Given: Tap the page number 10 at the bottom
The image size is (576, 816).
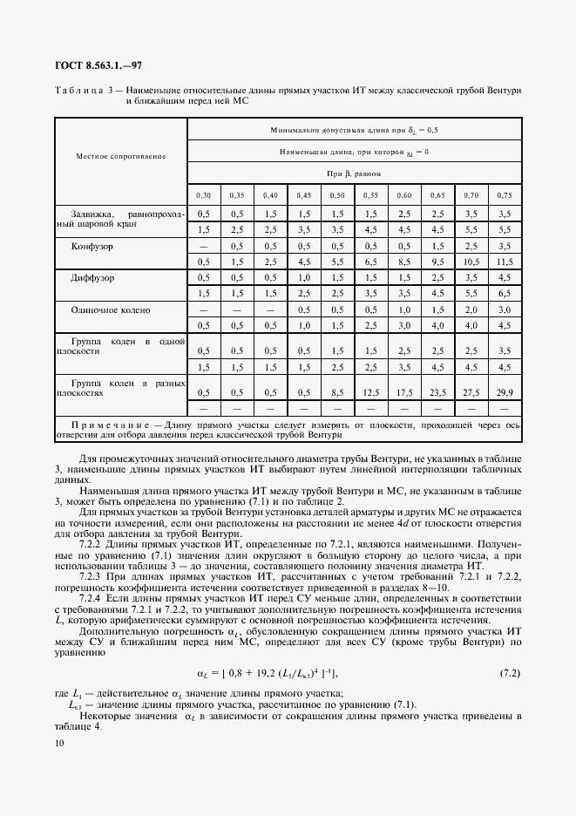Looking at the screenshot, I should [58, 743].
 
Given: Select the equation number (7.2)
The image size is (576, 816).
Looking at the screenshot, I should [509, 673].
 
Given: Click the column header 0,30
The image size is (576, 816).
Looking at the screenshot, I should [203, 195].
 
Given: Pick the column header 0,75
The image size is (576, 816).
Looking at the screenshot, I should [505, 195].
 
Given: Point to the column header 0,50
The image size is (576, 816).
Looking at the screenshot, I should [337, 195].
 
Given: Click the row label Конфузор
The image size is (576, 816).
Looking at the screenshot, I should [98, 246].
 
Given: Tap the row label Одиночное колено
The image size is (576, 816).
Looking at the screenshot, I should [112, 309].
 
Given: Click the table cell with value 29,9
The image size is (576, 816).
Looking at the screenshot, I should [505, 392].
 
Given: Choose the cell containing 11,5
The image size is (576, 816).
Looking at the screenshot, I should [505, 262].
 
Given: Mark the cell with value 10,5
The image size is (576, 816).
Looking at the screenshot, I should [471, 262].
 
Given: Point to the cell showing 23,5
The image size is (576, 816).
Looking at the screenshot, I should [437, 392].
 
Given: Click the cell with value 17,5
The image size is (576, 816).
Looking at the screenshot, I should [404, 392].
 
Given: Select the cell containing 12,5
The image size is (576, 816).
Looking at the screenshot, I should [370, 392].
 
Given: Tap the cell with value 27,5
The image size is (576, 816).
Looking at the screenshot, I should [471, 392].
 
